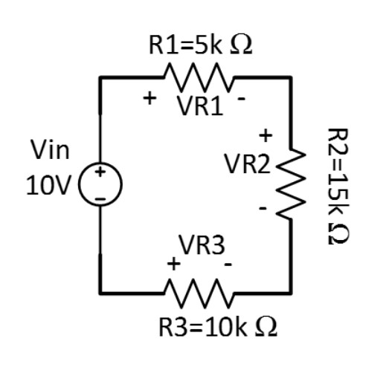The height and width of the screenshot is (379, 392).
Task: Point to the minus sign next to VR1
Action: pyautogui.click(x=242, y=98)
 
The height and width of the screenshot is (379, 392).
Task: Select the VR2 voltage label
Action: pyautogui.click(x=248, y=164)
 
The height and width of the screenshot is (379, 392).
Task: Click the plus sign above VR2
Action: pyautogui.click(x=266, y=135)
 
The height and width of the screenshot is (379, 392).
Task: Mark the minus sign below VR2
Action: pyautogui.click(x=263, y=210)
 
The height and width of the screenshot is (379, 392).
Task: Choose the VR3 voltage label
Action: pyautogui.click(x=201, y=246)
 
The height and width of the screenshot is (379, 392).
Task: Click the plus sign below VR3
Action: pyautogui.click(x=173, y=263)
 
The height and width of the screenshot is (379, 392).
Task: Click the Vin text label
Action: pyautogui.click(x=50, y=151)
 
